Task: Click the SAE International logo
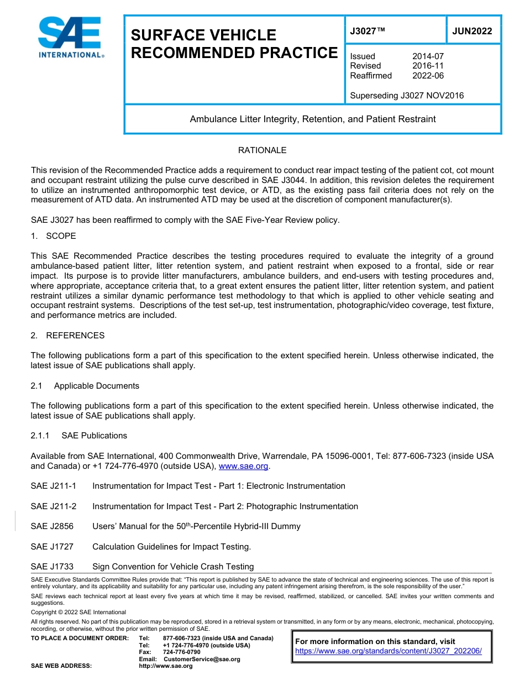[70, 37]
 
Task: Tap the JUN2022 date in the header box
[472, 32]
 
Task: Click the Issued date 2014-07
[428, 56]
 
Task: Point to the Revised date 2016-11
[428, 66]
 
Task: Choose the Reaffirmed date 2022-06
[428, 76]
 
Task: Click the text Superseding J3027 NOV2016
[407, 96]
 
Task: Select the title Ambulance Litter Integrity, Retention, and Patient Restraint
[313, 119]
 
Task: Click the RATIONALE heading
[262, 150]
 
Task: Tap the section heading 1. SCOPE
[54, 236]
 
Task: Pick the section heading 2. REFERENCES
[67, 336]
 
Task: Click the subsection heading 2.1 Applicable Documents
[85, 386]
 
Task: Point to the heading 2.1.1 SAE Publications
[79, 436]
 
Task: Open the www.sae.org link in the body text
[244, 467]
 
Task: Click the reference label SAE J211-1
[54, 486]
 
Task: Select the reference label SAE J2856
[52, 526]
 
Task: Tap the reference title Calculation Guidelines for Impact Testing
[171, 547]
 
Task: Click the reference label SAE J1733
[52, 567]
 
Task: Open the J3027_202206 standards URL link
[389, 651]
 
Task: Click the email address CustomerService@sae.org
[202, 659]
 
